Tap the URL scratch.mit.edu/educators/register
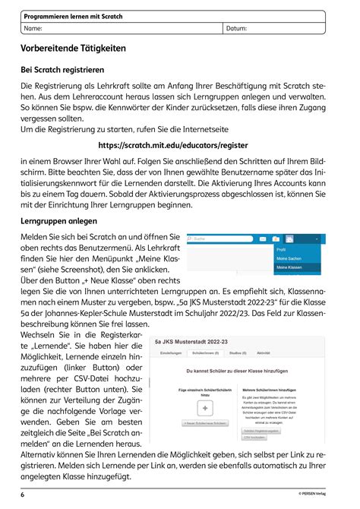[x=180, y=144]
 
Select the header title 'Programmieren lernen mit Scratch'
[x=73, y=16]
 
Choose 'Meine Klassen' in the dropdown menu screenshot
[x=290, y=268]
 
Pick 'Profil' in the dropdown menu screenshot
[x=281, y=249]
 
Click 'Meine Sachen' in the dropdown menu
[x=289, y=259]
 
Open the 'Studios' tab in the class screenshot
[x=236, y=354]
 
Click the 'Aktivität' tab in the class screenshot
[x=264, y=354]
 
